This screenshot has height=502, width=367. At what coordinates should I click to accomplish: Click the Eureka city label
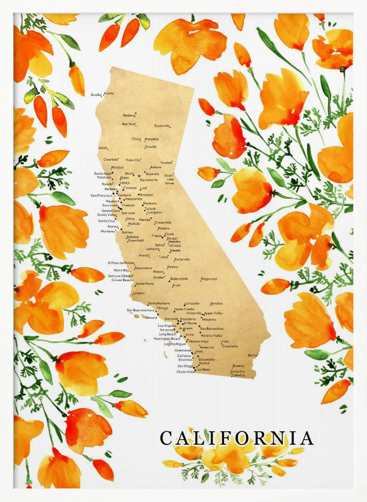pyautogui.click(x=96, y=94)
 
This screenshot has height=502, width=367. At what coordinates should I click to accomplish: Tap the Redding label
pyautogui.click(x=129, y=115)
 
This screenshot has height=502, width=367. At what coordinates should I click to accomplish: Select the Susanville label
pyautogui.click(x=162, y=125)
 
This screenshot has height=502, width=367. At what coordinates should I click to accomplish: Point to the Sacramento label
pyautogui.click(x=149, y=180)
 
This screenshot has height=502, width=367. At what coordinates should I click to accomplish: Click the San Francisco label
pyautogui.click(x=101, y=195)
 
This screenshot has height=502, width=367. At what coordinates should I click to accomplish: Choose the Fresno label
pyautogui.click(x=157, y=235)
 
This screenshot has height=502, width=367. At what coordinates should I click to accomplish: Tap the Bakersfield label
pyautogui.click(x=179, y=278)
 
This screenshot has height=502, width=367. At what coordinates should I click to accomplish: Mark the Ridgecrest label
pyautogui.click(x=209, y=279)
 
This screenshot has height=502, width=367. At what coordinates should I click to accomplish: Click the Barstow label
pyautogui.click(x=216, y=304)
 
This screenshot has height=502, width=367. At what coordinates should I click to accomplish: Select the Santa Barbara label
pyautogui.click(x=158, y=303)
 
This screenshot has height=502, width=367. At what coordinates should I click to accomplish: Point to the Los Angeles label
pyautogui.click(x=167, y=325)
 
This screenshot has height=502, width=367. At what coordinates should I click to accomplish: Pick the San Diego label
pyautogui.click(x=184, y=366)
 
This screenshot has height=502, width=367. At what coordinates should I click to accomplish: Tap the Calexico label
pyautogui.click(x=238, y=375)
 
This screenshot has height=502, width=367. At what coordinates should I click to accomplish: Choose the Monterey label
pyautogui.click(x=107, y=231)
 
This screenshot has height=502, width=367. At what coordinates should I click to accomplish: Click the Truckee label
pyautogui.click(x=166, y=163)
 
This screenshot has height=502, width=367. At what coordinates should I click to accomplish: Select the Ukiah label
pyautogui.click(x=102, y=148)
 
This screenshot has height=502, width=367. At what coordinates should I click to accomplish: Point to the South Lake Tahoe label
pyautogui.click(x=169, y=179)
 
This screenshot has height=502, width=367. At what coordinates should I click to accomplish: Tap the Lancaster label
pyautogui.click(x=192, y=304)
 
